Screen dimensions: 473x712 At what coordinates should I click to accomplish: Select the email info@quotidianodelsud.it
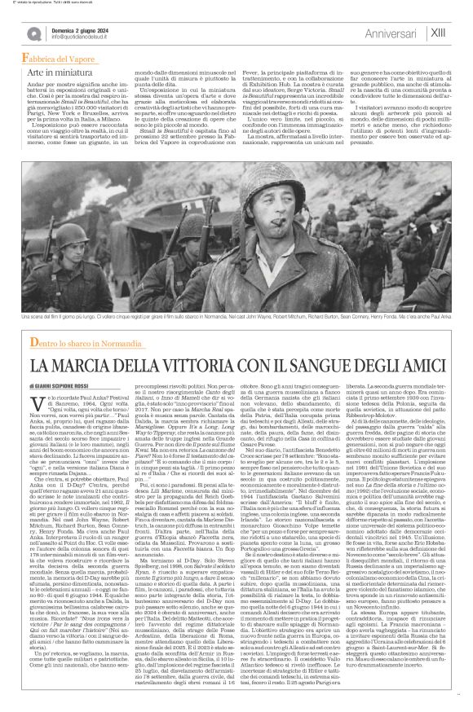point(82,37)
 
